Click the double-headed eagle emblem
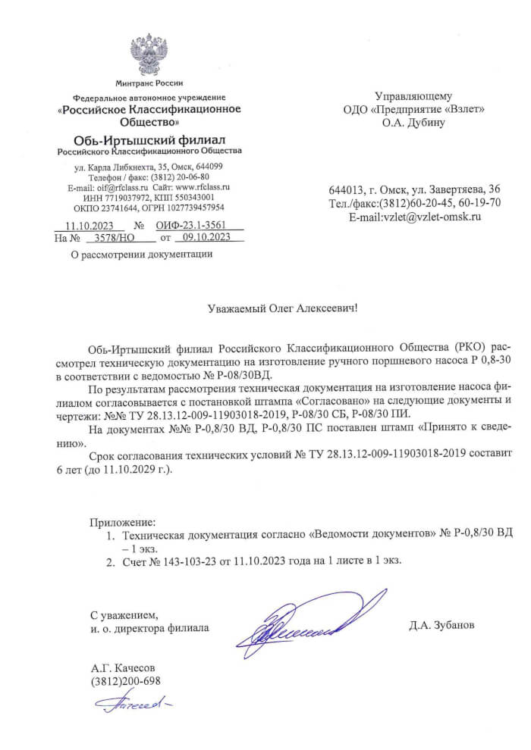(x=149, y=54)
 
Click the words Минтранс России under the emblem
(x=149, y=83)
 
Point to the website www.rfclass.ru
(x=202, y=186)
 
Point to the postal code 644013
(x=345, y=189)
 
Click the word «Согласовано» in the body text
(x=334, y=399)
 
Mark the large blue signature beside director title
(x=292, y=623)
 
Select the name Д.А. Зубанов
(x=441, y=626)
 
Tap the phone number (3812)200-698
(x=125, y=680)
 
